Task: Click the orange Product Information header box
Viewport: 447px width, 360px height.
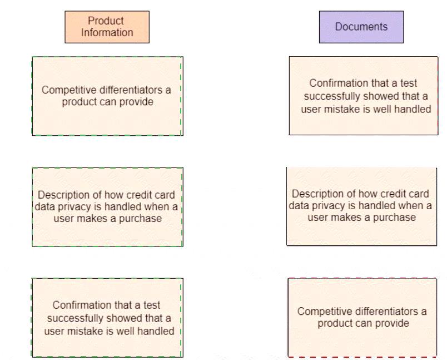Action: pyautogui.click(x=107, y=27)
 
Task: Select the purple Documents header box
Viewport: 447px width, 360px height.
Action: pyautogui.click(x=361, y=27)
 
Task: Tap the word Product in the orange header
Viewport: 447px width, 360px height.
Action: pyautogui.click(x=106, y=21)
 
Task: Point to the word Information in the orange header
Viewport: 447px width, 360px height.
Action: pyautogui.click(x=107, y=32)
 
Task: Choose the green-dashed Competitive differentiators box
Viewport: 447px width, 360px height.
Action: pyautogui.click(x=107, y=96)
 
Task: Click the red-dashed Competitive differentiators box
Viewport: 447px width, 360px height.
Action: pyautogui.click(x=362, y=317)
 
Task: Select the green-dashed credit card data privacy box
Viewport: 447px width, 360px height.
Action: pyautogui.click(x=107, y=206)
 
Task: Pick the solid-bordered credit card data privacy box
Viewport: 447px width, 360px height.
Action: pyautogui.click(x=361, y=205)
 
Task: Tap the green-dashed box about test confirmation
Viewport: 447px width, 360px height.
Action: pyautogui.click(x=107, y=318)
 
